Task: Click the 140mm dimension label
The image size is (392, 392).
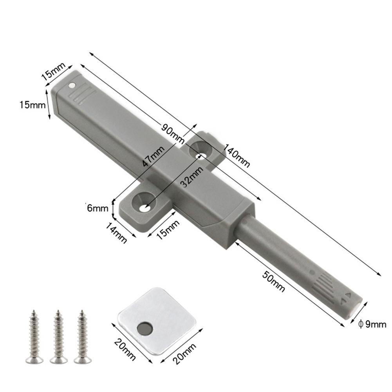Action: [x=237, y=155]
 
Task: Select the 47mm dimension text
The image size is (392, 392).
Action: [x=153, y=156]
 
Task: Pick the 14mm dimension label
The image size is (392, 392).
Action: [x=116, y=232]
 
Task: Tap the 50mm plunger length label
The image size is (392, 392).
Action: [x=273, y=280]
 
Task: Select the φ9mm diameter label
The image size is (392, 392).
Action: [x=372, y=324]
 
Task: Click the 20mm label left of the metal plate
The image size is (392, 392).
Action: [x=125, y=350]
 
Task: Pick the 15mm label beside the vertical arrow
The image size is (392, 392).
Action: [x=31, y=105]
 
